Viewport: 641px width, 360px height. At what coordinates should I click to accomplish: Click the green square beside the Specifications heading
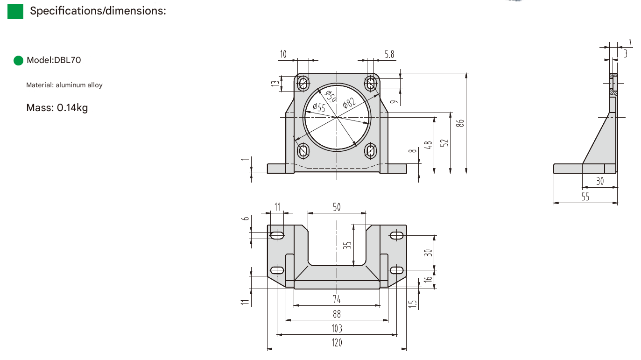15,11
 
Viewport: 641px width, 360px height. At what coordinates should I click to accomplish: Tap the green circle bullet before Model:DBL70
19,60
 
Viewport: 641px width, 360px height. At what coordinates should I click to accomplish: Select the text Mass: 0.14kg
57,108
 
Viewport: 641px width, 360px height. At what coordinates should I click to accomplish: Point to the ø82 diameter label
349,101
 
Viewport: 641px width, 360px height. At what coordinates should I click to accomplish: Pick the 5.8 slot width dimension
389,55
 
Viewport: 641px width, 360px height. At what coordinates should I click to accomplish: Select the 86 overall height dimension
460,123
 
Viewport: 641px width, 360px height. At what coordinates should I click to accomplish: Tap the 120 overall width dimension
337,343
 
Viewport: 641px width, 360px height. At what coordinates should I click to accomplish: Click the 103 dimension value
337,328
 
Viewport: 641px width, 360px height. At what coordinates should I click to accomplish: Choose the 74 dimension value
337,299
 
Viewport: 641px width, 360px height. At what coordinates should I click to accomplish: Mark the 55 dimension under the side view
585,197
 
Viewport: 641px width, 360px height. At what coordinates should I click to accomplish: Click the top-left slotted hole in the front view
303,84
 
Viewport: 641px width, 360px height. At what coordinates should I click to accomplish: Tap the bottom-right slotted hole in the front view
371,150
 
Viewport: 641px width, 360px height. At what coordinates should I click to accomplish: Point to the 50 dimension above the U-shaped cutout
337,207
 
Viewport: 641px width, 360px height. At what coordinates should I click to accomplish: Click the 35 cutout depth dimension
347,245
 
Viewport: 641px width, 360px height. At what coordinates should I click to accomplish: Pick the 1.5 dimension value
412,304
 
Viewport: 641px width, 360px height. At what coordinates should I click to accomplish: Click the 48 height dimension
429,144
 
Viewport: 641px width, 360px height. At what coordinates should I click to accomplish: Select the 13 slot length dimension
275,84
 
